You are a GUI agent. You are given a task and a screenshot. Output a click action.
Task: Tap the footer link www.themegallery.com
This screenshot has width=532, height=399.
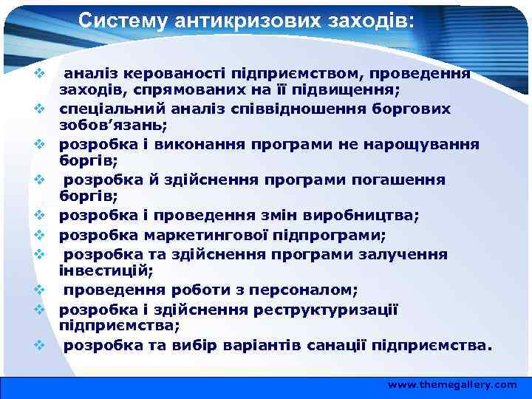pyautogui.click(x=452, y=385)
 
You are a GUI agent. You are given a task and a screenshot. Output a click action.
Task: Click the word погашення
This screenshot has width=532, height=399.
pyautogui.click(x=407, y=180)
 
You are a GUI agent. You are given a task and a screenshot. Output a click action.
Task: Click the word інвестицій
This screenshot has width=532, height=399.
pyautogui.click(x=95, y=271)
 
